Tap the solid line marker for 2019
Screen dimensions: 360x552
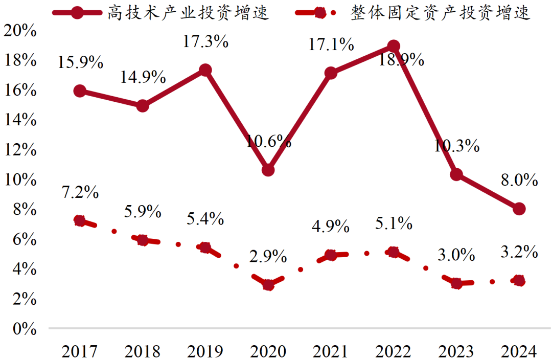click(x=205, y=70)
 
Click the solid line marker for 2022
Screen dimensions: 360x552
click(x=393, y=46)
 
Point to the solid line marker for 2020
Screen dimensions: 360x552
click(x=268, y=170)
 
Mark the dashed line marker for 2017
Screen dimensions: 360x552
click(x=79, y=221)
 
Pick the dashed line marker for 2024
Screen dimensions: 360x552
click(x=519, y=280)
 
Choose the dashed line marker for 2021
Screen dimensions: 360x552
click(x=331, y=255)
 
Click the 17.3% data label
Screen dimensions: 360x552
click(x=205, y=41)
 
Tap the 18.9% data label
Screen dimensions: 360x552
click(x=401, y=60)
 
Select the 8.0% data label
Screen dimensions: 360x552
click(x=519, y=181)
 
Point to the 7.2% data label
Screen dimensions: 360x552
click(x=79, y=192)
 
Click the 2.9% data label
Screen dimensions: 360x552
click(x=268, y=257)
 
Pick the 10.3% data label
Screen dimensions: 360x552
click(x=456, y=147)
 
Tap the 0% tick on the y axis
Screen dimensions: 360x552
click(x=24, y=328)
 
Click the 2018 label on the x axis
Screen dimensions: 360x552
click(x=142, y=351)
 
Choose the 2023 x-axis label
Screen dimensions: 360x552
click(x=456, y=351)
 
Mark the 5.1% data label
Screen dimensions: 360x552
click(x=393, y=223)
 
